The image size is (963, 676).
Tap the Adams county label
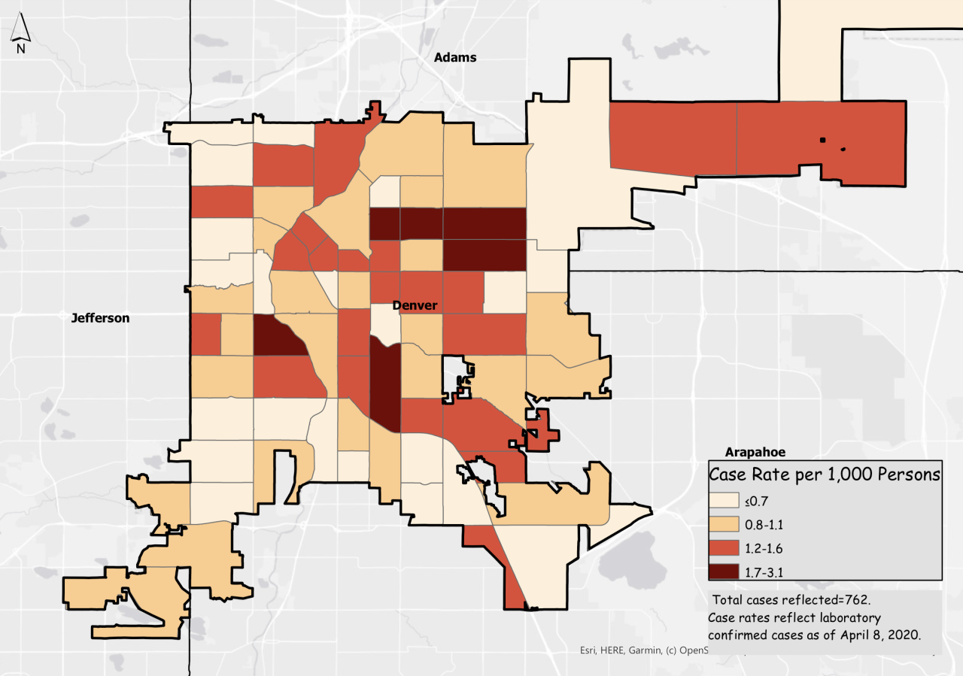click(x=455, y=57)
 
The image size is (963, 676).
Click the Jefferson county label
click(x=100, y=318)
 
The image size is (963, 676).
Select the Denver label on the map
click(x=415, y=305)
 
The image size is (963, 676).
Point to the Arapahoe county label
click(x=755, y=452)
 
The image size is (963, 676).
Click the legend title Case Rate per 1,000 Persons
click(x=825, y=474)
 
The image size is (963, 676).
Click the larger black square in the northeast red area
click(x=823, y=140)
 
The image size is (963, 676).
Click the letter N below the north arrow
click(x=21, y=49)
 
